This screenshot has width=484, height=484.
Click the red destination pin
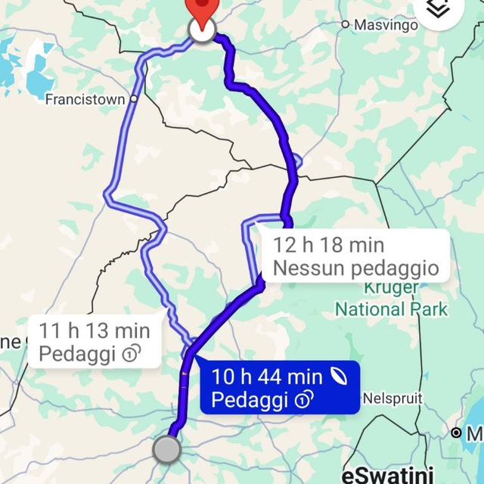(x=201, y=9)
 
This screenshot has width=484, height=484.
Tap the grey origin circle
(x=167, y=449)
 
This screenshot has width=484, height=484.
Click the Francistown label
(x=85, y=99)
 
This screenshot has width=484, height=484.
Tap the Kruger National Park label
(x=391, y=299)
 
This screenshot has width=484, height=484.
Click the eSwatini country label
(x=388, y=476)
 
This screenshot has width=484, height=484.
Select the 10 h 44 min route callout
(x=279, y=388)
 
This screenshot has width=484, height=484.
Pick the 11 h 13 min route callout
(x=94, y=342)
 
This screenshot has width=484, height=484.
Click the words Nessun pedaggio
(x=355, y=268)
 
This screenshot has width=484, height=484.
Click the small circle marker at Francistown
(x=134, y=98)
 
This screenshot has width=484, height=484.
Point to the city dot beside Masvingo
(x=346, y=25)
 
